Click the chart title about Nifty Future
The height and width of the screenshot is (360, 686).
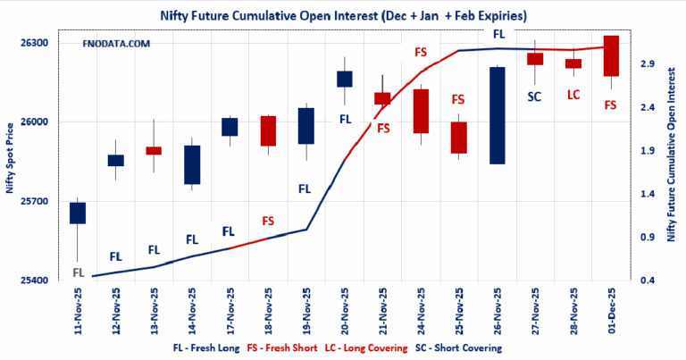pyautogui.click(x=342, y=15)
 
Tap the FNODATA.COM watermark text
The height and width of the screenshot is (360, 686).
pyautogui.click(x=115, y=43)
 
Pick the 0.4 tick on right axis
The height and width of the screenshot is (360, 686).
pyautogui.click(x=646, y=280)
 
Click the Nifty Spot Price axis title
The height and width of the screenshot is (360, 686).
pyautogui.click(x=10, y=161)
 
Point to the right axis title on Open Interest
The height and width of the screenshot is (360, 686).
pyautogui.click(x=672, y=161)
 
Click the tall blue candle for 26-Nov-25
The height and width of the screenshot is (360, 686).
pyautogui.click(x=498, y=115)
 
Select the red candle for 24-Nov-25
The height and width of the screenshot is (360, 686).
pyautogui.click(x=422, y=111)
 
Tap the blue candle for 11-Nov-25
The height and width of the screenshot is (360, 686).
pyautogui.click(x=78, y=213)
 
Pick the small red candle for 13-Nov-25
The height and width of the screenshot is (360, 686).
pyautogui.click(x=154, y=151)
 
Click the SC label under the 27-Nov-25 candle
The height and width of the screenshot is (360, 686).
pyautogui.click(x=535, y=96)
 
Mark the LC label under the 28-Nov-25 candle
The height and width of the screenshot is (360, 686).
pyautogui.click(x=573, y=94)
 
